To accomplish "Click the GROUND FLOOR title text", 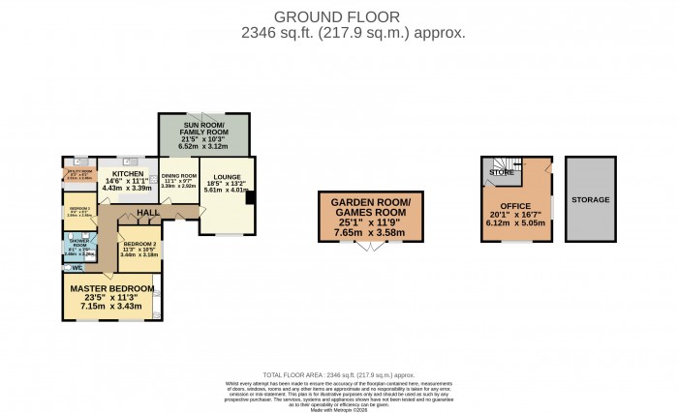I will click(x=339, y=15).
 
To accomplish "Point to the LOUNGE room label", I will click(x=227, y=178).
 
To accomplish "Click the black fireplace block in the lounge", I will click(x=251, y=198).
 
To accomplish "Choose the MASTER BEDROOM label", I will click(x=110, y=288).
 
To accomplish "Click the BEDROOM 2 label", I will click(x=139, y=245).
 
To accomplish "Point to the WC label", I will click(x=77, y=268).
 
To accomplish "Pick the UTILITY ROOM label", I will click(x=78, y=173).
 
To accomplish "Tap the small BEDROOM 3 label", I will click(x=78, y=208).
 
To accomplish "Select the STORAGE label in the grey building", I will click(x=591, y=199).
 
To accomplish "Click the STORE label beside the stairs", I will click(x=501, y=173).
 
